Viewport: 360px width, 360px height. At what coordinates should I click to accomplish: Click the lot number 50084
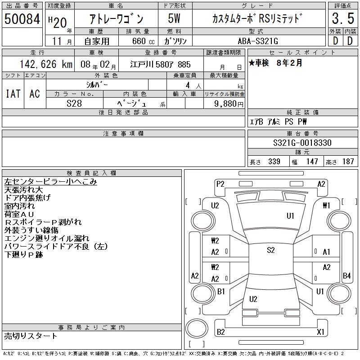[x=22, y=18]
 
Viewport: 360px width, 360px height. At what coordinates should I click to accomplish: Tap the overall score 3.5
[x=343, y=18]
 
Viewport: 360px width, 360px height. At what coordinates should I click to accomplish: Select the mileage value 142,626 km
[x=46, y=64]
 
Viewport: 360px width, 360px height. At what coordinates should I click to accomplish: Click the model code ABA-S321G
[x=258, y=41]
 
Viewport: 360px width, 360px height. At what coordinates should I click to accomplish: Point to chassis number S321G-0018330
[x=302, y=143]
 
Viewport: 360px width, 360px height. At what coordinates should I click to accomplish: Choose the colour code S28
[x=74, y=103]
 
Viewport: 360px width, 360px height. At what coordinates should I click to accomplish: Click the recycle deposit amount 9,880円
[x=229, y=104]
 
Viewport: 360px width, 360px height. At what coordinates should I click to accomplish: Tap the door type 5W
[x=174, y=18]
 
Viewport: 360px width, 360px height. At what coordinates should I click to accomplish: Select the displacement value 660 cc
[x=143, y=41]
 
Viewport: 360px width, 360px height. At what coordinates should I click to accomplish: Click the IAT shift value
[x=13, y=94]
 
